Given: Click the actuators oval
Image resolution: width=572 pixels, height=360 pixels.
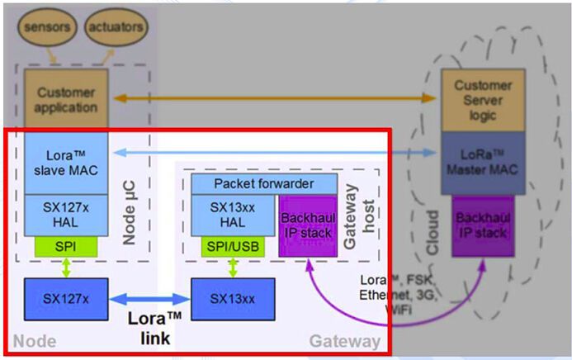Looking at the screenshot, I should [x=114, y=26].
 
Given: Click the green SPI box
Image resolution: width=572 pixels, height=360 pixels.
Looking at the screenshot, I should [x=66, y=246].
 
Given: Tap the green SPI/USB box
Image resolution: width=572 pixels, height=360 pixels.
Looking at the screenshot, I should [x=232, y=246].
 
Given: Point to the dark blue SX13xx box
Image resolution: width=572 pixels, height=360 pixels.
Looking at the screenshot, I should [x=233, y=298].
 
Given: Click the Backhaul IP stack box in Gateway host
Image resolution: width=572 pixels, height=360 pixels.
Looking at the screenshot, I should [x=307, y=220].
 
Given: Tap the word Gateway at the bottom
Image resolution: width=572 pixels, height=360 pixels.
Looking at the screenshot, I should [x=345, y=340].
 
